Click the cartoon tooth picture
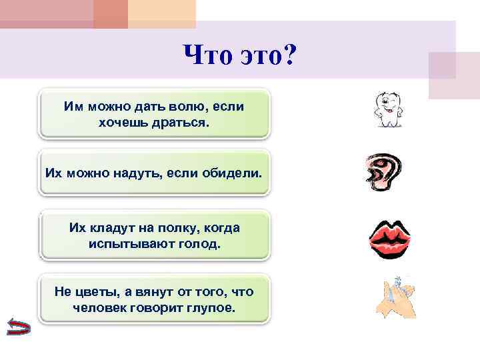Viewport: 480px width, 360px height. click(390, 111)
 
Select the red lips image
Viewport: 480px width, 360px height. click(392, 237)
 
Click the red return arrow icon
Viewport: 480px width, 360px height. click(17, 327)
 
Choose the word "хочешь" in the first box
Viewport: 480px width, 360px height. click(123, 122)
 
